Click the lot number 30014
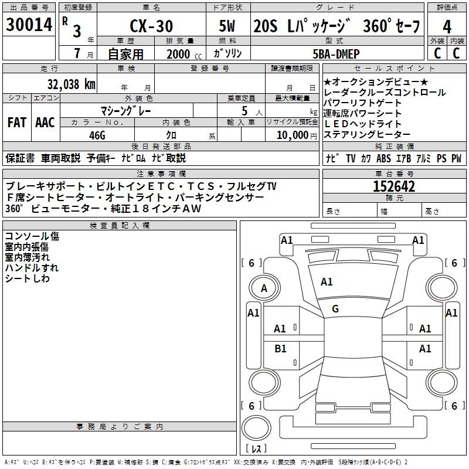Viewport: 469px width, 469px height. (29, 25)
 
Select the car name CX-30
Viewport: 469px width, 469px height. (151, 26)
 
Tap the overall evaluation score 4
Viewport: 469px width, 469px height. (447, 27)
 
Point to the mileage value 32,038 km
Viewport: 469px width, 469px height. (72, 84)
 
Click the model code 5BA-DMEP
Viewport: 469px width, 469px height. (336, 54)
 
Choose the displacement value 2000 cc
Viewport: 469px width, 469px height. (183, 54)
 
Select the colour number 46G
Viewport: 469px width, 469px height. (97, 135)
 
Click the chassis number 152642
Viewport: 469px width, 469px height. (394, 186)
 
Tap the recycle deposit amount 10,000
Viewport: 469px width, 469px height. (293, 135)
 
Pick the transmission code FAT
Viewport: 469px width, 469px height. (17, 123)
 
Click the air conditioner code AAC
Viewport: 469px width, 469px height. (45, 123)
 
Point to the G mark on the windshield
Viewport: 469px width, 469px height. (335, 309)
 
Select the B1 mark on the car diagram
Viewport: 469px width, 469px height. (280, 348)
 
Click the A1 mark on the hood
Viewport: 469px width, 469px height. (327, 282)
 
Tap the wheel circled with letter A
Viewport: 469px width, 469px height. (264, 288)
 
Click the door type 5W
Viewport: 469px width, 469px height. (227, 26)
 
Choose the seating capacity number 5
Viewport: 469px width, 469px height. (244, 111)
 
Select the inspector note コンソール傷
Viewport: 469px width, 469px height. (32, 236)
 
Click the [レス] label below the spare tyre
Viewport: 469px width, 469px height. (256, 448)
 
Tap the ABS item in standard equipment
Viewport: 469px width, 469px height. (383, 158)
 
